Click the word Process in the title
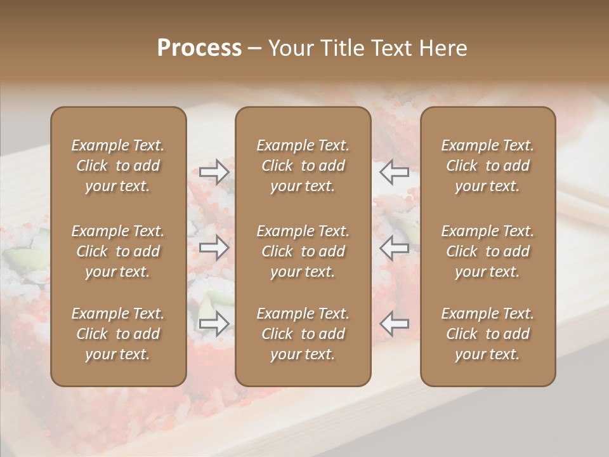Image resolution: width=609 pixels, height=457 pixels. pyautogui.click(x=199, y=48)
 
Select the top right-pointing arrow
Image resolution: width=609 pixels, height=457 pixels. pyautogui.click(x=214, y=171)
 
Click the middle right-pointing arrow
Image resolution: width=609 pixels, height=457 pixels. pyautogui.click(x=214, y=248)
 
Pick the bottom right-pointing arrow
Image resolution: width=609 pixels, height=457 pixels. pyautogui.click(x=214, y=324)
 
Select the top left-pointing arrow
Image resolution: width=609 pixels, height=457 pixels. pyautogui.click(x=394, y=171)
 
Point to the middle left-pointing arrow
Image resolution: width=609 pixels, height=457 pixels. pyautogui.click(x=394, y=248)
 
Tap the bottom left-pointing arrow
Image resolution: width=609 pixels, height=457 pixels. pyautogui.click(x=394, y=324)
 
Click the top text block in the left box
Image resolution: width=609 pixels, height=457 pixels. pyautogui.click(x=118, y=166)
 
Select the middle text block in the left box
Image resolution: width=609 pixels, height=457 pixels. pyautogui.click(x=118, y=251)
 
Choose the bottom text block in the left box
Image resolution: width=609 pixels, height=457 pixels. pyautogui.click(x=118, y=334)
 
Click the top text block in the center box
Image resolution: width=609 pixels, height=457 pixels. pyautogui.click(x=303, y=166)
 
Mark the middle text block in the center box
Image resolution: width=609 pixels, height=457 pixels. pyautogui.click(x=303, y=251)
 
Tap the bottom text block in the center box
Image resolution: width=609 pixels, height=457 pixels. pyautogui.click(x=303, y=334)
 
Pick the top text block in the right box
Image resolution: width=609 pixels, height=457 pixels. pyautogui.click(x=487, y=166)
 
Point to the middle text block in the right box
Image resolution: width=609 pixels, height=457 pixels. pyautogui.click(x=487, y=251)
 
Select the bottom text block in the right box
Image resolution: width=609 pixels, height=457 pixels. pyautogui.click(x=487, y=334)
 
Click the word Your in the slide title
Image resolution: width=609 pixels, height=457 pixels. pyautogui.click(x=291, y=48)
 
